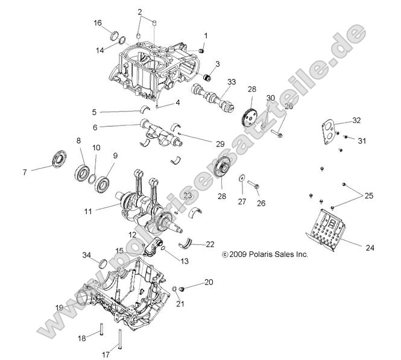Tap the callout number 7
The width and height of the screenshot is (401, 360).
coord(25,172)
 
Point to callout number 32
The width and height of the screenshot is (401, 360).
coord(356,121)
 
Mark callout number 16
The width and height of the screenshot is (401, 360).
coord(98,23)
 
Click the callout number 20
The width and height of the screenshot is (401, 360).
coord(209,282)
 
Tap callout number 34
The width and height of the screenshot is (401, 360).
coord(87,255)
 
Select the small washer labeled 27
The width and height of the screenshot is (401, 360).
coord(241,178)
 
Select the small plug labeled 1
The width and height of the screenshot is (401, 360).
coord(203,50)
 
